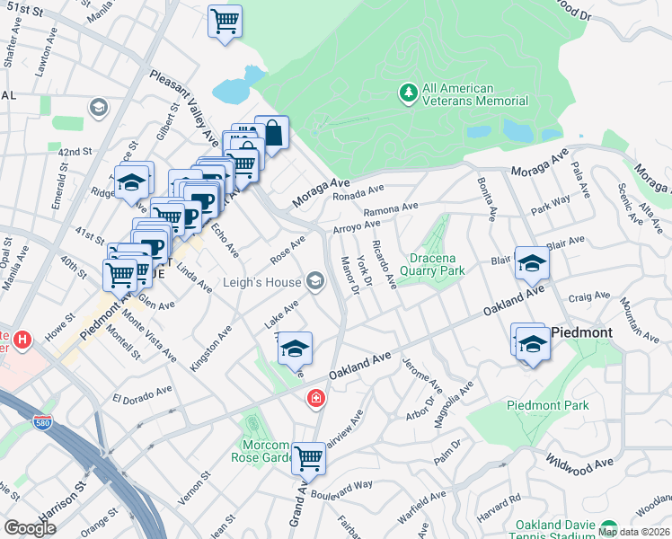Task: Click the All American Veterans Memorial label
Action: tap(457, 94)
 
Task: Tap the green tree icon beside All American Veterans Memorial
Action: tap(409, 93)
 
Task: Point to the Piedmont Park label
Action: tap(547, 405)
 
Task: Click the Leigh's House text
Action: tap(263, 283)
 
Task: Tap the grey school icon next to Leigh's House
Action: tap(315, 283)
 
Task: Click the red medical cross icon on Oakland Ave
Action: tap(316, 398)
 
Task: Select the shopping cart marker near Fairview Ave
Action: tap(308, 457)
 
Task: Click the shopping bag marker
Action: tap(271, 132)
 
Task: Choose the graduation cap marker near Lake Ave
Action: tap(294, 348)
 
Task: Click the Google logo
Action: tap(30, 528)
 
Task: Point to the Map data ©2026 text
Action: tap(633, 532)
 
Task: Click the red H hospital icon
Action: tap(22, 340)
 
